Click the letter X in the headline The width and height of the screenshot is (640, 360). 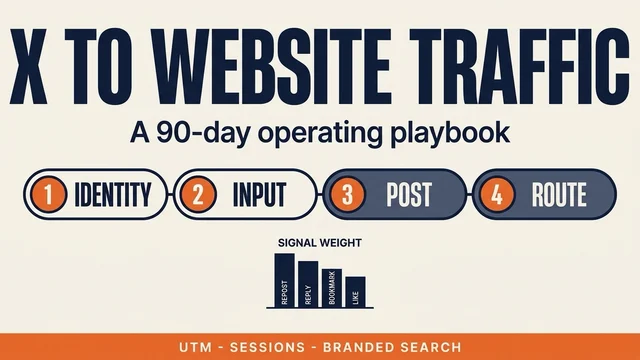pos(28,67)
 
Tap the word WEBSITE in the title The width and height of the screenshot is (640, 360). pos(273,67)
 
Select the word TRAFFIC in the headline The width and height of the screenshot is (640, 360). pos(520,67)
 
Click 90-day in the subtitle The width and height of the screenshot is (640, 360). pos(202,133)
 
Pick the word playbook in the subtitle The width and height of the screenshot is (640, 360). pos(450,133)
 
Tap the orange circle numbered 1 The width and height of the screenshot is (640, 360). pos(48,194)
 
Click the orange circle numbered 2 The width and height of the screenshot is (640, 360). pos(198,194)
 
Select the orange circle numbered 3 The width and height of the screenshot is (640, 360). pos(347,194)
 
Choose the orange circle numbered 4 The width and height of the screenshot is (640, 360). pos(497,194)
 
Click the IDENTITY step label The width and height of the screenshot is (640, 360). pos(113,194)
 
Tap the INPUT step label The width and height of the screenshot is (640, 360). pos(259,194)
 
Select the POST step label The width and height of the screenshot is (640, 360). pos(409,194)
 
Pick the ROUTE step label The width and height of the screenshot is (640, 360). pos(559,194)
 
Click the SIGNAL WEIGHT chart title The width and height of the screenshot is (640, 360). pos(320,243)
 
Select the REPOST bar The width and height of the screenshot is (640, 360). pos(284,280)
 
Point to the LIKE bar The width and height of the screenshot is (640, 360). pos(356,292)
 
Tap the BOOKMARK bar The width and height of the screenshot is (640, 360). pos(332,288)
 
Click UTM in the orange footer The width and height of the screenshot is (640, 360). pos(196,347)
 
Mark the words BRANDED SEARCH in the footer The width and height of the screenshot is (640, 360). pos(392,347)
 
